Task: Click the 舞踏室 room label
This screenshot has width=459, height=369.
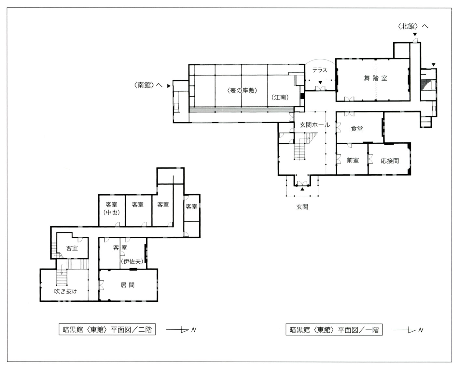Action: pyautogui.click(x=375, y=78)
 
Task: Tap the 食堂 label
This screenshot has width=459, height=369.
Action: pyautogui.click(x=357, y=128)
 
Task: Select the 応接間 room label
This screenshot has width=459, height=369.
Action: pyautogui.click(x=390, y=161)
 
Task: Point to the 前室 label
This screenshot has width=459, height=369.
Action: pyautogui.click(x=353, y=160)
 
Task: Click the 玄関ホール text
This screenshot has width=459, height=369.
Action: pyautogui.click(x=315, y=125)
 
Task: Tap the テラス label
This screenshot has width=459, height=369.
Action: pyautogui.click(x=320, y=70)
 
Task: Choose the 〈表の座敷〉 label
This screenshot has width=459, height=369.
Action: pyautogui.click(x=242, y=91)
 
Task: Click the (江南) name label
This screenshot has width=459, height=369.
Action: pyautogui.click(x=280, y=97)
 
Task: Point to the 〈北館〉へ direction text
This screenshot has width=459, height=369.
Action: pyautogui.click(x=413, y=26)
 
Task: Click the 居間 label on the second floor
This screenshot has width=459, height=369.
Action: pyautogui.click(x=127, y=285)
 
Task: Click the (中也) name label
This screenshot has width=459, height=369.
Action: pyautogui.click(x=112, y=213)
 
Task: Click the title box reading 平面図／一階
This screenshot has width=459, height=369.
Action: pyautogui.click(x=334, y=330)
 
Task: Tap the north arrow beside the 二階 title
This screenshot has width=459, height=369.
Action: pyautogui.click(x=181, y=330)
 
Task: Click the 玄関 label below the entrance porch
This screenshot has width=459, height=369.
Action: pyautogui.click(x=302, y=207)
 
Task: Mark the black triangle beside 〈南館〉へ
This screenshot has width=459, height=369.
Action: pyautogui.click(x=169, y=86)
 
